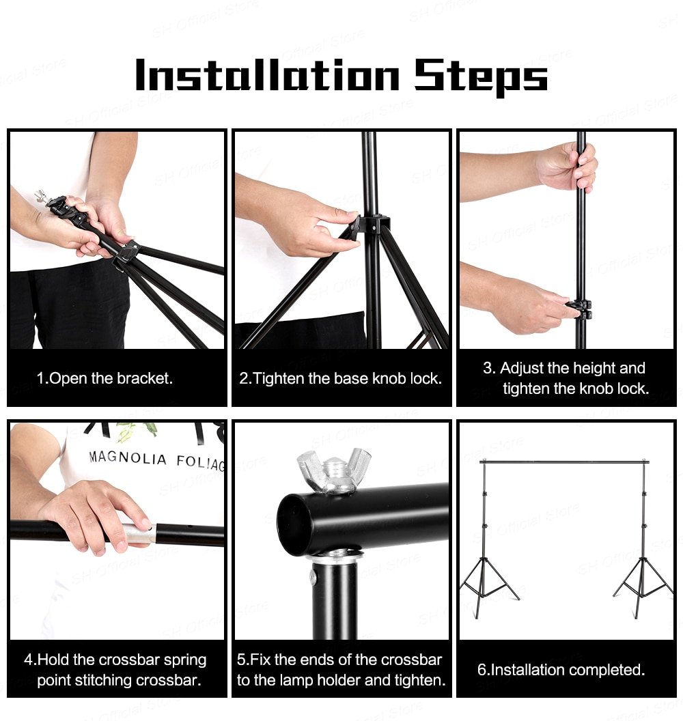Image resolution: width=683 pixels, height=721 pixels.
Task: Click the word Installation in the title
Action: (267, 75)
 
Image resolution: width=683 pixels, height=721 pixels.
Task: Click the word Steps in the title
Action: (481, 76)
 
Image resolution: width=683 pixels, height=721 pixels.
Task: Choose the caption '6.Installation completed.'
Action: (561, 670)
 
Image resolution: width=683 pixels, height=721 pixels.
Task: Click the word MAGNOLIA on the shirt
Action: (128, 457)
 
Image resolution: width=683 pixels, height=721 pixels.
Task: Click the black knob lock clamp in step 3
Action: (581, 309)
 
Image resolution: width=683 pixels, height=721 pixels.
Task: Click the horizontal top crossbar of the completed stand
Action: (563, 462)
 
